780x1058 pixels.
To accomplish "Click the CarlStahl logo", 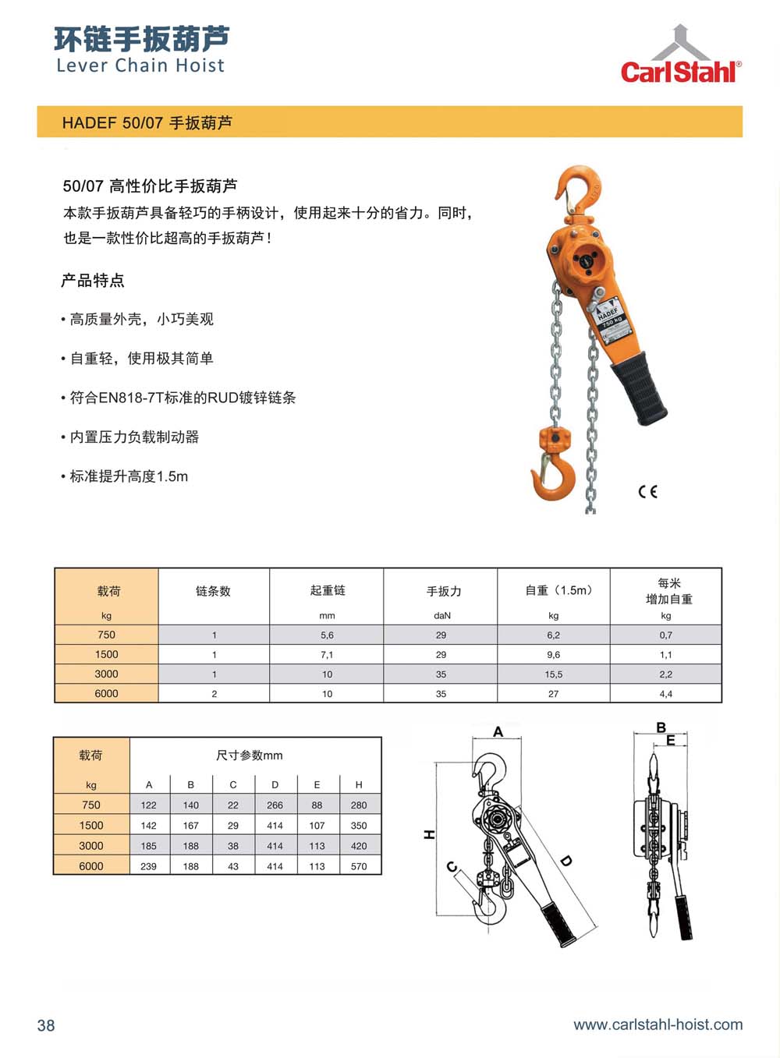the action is [681, 55].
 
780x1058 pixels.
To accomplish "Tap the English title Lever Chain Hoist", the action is [140, 65].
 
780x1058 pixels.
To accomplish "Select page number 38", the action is [46, 1025].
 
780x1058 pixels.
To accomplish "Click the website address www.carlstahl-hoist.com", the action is [658, 1024].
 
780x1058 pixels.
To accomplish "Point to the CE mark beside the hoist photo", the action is [647, 492].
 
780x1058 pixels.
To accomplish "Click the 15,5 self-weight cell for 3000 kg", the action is [553, 674].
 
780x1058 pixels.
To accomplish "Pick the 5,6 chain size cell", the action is [327, 635].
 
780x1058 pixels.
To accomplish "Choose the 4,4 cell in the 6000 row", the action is [665, 694].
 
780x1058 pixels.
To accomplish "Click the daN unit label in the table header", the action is [441, 615].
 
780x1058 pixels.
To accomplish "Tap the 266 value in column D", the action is [275, 805].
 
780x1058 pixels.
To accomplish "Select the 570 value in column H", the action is [359, 866].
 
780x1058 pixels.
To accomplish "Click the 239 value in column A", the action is [148, 866].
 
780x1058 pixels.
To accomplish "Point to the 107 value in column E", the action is [317, 825].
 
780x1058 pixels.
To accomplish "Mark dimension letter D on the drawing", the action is [566, 861].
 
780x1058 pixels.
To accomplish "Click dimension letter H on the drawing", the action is [429, 834].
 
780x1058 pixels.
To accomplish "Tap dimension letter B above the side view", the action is [661, 727].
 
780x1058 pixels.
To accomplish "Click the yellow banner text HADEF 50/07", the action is [113, 123].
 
